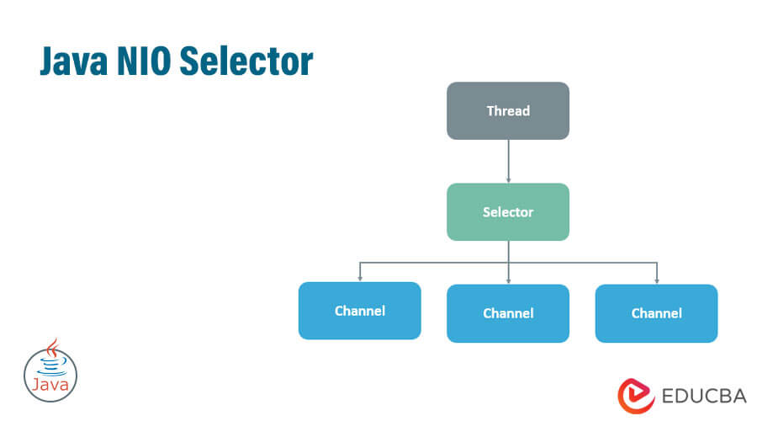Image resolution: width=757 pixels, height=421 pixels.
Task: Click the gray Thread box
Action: pyautogui.click(x=507, y=110)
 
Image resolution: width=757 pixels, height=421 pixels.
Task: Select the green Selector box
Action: pyautogui.click(x=507, y=211)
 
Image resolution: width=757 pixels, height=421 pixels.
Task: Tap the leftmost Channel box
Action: pyautogui.click(x=359, y=311)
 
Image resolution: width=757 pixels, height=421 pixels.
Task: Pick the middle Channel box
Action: pyautogui.click(x=507, y=313)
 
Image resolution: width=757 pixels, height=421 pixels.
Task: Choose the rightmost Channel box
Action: pyautogui.click(x=656, y=313)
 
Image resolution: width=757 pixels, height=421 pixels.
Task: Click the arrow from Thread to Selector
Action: pyautogui.click(x=508, y=160)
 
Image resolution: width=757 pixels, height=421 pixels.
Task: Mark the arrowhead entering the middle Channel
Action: pyautogui.click(x=508, y=280)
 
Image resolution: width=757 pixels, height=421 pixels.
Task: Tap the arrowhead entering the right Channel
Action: pyautogui.click(x=657, y=280)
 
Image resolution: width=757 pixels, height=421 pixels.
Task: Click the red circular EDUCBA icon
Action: pyautogui.click(x=637, y=395)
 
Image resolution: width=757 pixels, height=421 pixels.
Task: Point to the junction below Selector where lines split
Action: pyautogui.click(x=508, y=263)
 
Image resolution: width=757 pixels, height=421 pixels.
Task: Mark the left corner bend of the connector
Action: pyautogui.click(x=360, y=263)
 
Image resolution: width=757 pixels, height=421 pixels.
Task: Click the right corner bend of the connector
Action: pyautogui.click(x=657, y=263)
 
